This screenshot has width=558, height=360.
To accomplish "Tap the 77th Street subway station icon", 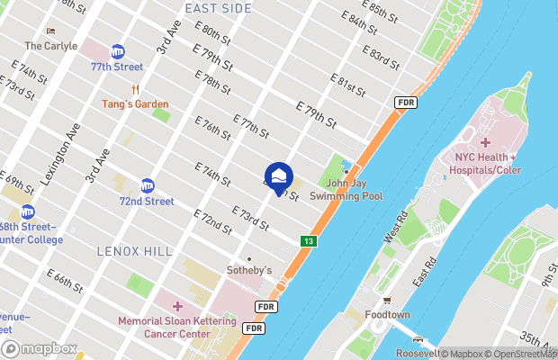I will pos(117,53).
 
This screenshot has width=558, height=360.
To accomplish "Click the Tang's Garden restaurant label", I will pos(135,104).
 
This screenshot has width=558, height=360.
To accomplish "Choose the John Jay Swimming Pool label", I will pos(346,189).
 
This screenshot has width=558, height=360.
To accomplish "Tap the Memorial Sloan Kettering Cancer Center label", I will pos(177,327).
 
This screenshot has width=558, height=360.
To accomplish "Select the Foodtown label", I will pos(388,315).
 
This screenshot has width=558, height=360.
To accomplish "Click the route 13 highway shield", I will pos(309,241).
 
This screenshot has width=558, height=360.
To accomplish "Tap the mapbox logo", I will pos(40,348).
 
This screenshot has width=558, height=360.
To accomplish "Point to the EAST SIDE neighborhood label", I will pos(218,8).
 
